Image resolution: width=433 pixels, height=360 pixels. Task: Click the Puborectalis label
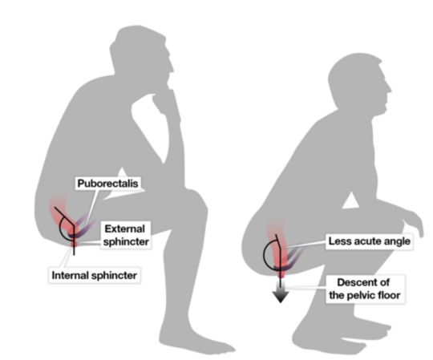[107, 184]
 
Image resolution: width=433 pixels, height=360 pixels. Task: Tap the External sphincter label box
[126, 235]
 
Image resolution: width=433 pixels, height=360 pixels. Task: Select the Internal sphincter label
[95, 275]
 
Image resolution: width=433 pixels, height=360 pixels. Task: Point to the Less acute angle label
[369, 241]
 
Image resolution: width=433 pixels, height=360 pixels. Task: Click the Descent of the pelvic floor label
[365, 289]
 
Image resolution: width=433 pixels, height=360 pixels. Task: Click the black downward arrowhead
[281, 297]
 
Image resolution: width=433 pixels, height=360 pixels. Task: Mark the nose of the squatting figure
[389, 87]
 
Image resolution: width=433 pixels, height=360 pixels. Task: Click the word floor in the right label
[387, 295]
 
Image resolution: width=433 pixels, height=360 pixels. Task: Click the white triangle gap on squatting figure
[350, 201]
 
